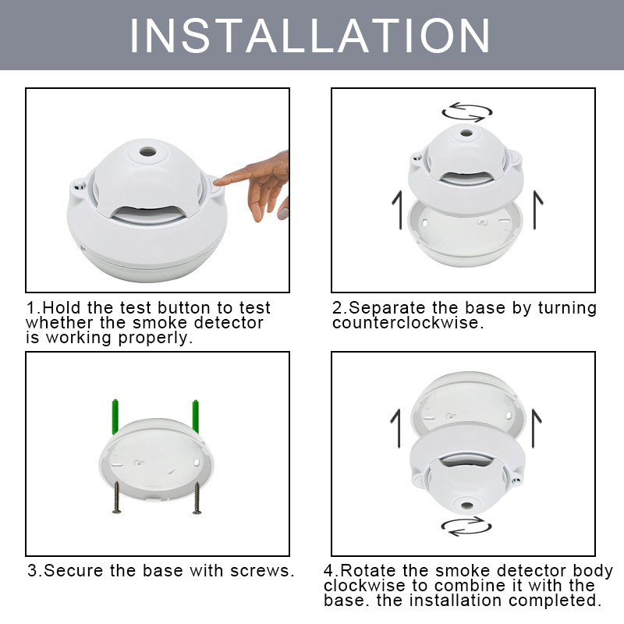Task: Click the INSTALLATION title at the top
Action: click(x=310, y=35)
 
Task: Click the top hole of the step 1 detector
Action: click(x=148, y=151)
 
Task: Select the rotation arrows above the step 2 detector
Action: click(x=467, y=112)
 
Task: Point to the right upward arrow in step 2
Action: click(x=537, y=210)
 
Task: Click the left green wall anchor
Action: click(x=115, y=417)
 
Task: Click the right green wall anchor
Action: click(x=196, y=417)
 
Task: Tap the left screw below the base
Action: click(x=116, y=498)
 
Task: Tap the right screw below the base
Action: click(x=197, y=498)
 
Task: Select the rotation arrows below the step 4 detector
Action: click(x=466, y=526)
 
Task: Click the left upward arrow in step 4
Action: click(x=396, y=428)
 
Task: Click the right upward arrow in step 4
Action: click(x=536, y=428)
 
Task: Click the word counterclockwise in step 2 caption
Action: click(x=408, y=323)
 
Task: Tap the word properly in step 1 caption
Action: click(x=155, y=338)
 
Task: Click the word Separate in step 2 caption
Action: click(x=379, y=308)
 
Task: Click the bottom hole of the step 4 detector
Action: click(x=466, y=505)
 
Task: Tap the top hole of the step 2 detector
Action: click(x=466, y=133)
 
